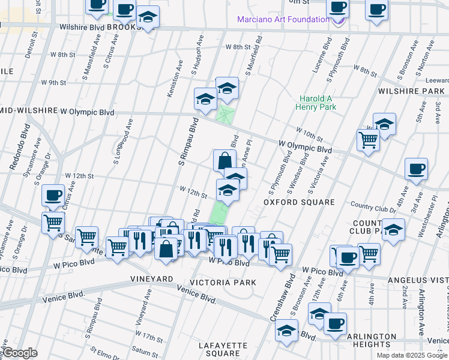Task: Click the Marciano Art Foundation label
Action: (283, 19)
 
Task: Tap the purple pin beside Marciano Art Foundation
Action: (339, 20)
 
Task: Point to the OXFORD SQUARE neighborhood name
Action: (299, 202)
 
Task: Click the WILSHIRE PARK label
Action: (411, 91)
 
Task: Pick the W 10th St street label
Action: (309, 134)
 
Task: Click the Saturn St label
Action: (145, 351)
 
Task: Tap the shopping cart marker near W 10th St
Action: (367, 140)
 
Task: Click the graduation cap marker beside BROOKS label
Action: (147, 18)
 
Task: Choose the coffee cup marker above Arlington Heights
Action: (335, 324)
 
